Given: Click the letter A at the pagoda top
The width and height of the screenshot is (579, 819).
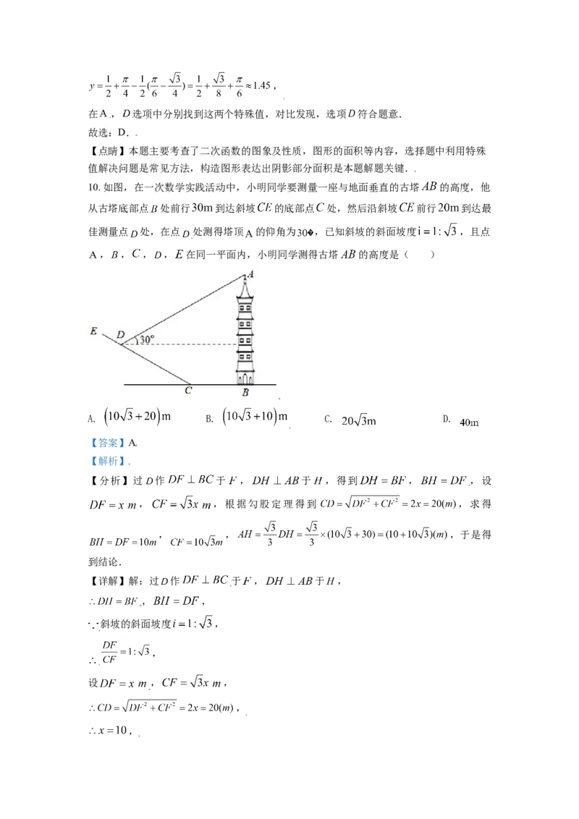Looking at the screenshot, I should point(251,273).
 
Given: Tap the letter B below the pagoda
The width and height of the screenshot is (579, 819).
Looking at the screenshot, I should point(245,393).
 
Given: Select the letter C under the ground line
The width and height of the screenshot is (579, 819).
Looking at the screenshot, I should point(188,391).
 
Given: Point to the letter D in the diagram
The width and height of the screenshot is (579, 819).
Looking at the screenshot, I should point(120,334).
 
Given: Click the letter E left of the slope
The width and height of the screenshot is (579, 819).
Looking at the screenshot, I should point(93,331).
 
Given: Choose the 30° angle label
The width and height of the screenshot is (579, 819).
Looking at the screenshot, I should point(147,339).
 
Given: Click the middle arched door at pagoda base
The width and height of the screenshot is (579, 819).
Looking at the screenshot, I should point(245,378).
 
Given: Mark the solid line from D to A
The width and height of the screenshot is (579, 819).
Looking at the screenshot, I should point(181,310).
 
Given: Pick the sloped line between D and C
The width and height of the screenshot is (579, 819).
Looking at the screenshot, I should point(156,365).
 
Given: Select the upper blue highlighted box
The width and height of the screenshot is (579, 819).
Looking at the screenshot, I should point(106,442).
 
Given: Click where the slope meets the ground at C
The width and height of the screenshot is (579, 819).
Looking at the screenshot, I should point(190,384).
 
